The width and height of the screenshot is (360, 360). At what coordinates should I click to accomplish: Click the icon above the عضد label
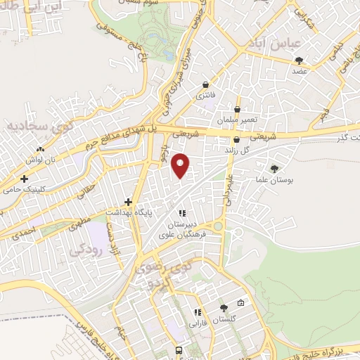click(x=300, y=60)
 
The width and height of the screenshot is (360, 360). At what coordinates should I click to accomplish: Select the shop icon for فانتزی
click(x=205, y=84)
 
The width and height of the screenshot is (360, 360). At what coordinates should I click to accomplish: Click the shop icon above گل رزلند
click(x=236, y=140)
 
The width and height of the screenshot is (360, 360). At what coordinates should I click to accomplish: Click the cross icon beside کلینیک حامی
click(x=24, y=179)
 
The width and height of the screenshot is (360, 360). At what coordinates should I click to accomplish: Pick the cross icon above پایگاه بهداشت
click(x=128, y=201)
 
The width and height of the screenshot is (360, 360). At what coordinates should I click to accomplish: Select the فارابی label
click(x=196, y=324)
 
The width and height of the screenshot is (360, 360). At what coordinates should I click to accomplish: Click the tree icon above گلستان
click(x=224, y=308)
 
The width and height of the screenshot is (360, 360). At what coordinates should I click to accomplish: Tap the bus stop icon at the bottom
click(x=179, y=350)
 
